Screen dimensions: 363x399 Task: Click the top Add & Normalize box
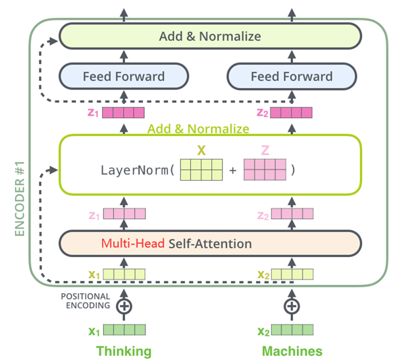[x=210, y=36]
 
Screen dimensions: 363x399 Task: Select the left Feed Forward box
[x=124, y=76]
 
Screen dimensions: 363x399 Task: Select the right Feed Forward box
[x=292, y=76]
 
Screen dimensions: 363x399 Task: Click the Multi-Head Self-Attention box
[x=210, y=243]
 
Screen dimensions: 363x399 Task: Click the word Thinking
[x=124, y=351]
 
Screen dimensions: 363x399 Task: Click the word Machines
[x=292, y=351]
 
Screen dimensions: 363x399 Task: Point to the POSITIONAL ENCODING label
[x=86, y=301]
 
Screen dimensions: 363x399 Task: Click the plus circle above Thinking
[x=124, y=306]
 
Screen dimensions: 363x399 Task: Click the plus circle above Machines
[x=292, y=306]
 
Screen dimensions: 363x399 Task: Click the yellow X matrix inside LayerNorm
[x=201, y=170]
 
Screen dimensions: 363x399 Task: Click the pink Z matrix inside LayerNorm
[x=265, y=170]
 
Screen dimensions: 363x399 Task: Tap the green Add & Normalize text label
[x=198, y=128]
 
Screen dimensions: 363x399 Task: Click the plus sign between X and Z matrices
[x=233, y=170]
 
